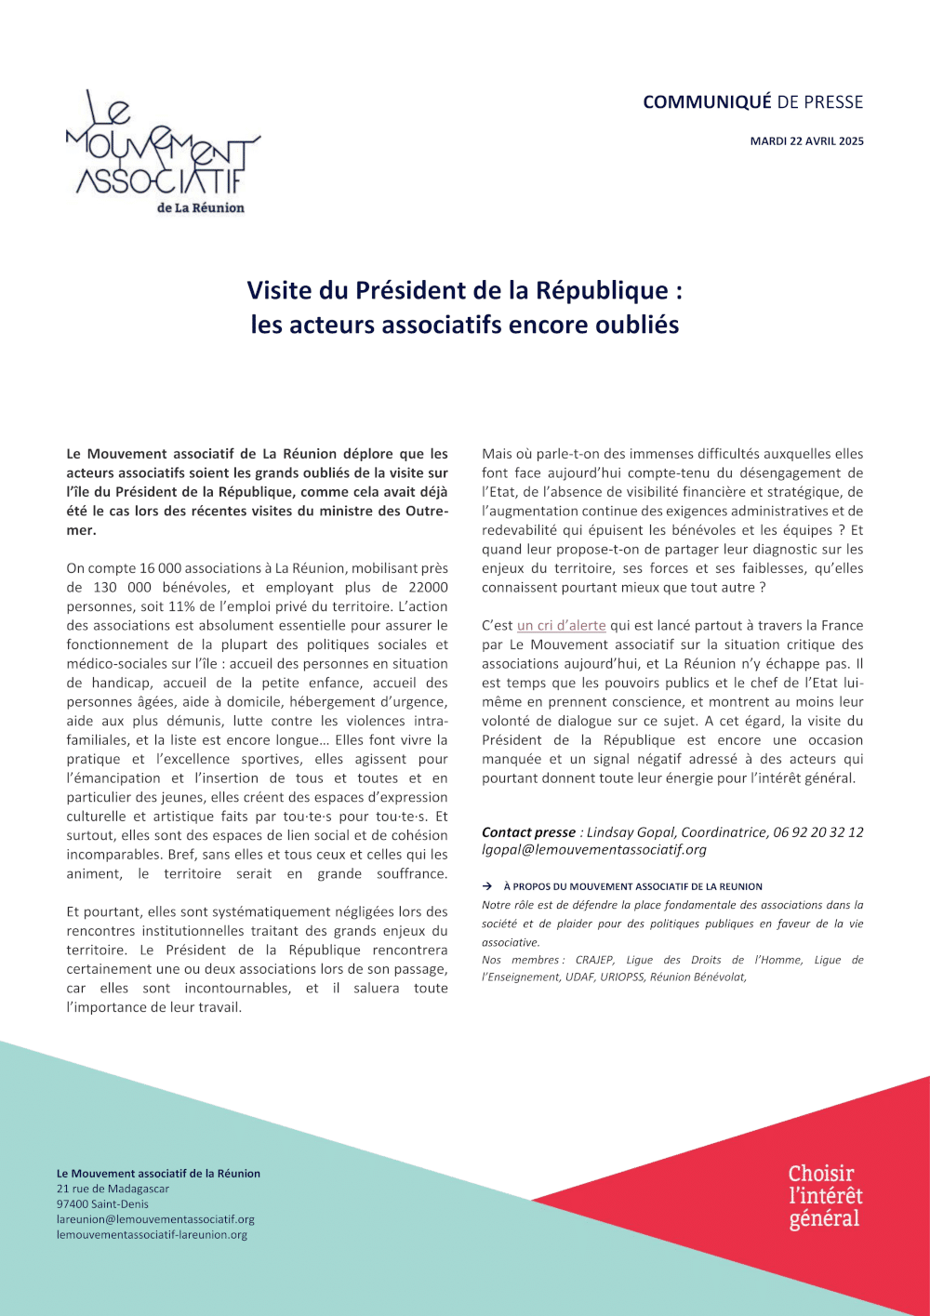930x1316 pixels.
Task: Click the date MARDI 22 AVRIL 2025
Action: click(806, 141)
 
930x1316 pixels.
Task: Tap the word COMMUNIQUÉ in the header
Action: click(707, 102)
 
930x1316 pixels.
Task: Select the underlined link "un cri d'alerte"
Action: click(561, 626)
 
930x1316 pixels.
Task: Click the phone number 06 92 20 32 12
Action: click(818, 832)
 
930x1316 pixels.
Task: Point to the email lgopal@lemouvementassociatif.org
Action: click(593, 849)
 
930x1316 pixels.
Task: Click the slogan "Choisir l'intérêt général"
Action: click(825, 1196)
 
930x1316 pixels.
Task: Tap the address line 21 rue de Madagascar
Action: click(113, 1189)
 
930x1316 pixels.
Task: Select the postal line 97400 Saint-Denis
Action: click(102, 1204)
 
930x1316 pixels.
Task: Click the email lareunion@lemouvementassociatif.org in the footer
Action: click(155, 1219)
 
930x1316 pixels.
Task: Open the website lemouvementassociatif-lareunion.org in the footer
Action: click(152, 1235)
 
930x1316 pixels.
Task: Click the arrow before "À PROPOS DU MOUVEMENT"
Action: click(487, 887)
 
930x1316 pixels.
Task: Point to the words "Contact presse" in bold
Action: click(528, 832)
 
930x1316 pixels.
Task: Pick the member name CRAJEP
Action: click(594, 960)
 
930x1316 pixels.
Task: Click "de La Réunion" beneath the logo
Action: click(200, 208)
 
